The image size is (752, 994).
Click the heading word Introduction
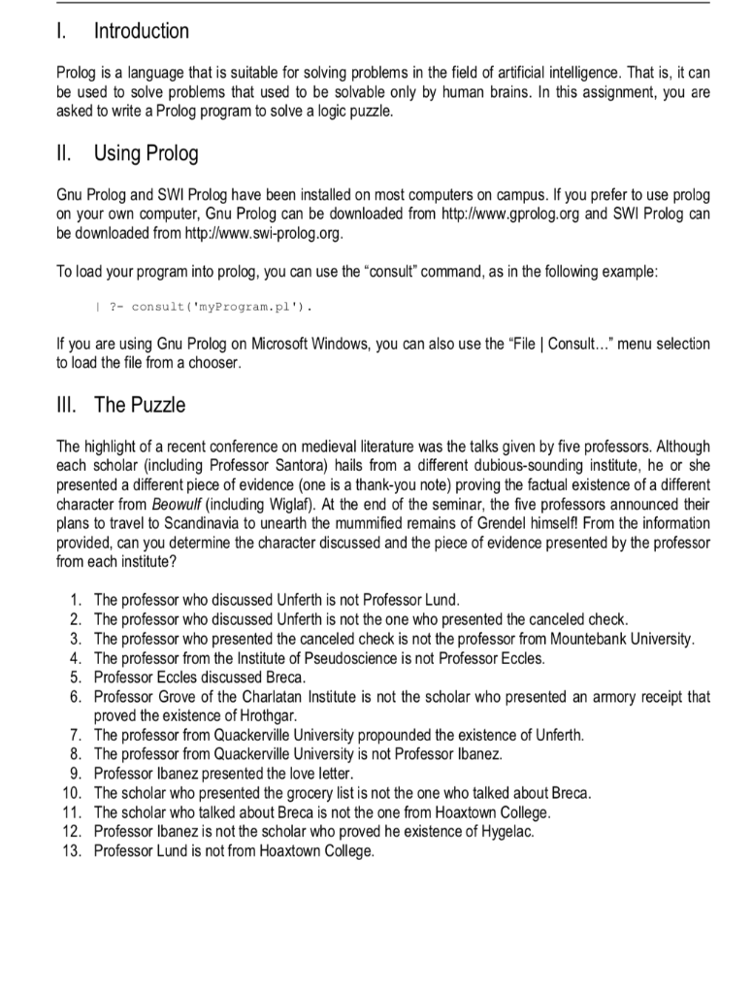141,31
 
